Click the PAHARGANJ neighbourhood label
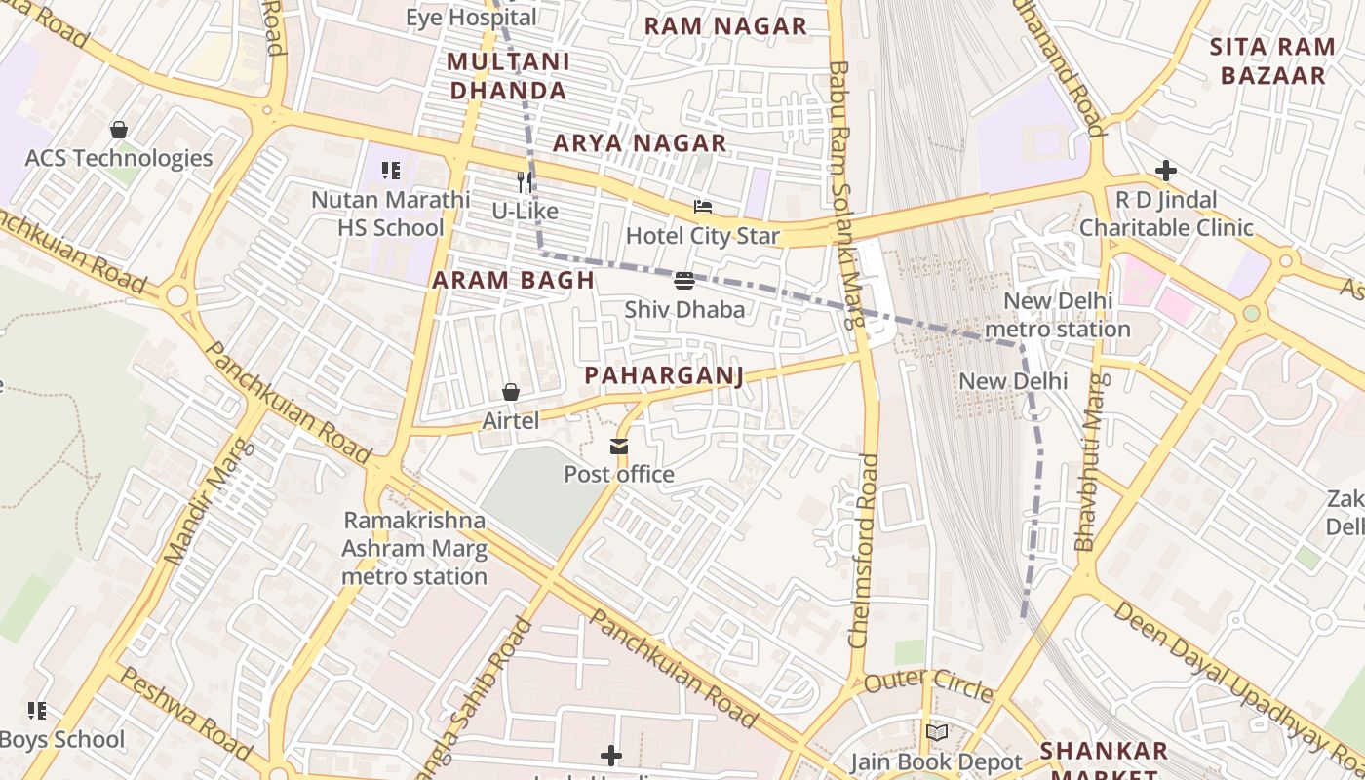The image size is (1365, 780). (664, 376)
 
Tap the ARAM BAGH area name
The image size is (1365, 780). (513, 281)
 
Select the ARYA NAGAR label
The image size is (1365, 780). (640, 143)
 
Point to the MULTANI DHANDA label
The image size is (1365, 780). (507, 76)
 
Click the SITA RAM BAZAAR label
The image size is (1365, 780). (1273, 60)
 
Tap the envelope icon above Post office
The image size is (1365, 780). (619, 447)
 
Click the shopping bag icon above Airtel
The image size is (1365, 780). (510, 392)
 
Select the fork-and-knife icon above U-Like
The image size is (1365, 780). (525, 181)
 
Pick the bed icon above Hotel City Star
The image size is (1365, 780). (702, 207)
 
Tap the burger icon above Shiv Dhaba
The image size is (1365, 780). (683, 281)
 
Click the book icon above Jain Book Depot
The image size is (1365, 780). (936, 732)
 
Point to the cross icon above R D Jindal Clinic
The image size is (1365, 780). (1165, 172)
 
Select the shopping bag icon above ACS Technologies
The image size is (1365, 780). (118, 130)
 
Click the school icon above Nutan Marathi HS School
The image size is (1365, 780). (391, 172)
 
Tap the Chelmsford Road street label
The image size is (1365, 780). (865, 551)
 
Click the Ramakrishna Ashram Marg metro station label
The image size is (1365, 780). (414, 548)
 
